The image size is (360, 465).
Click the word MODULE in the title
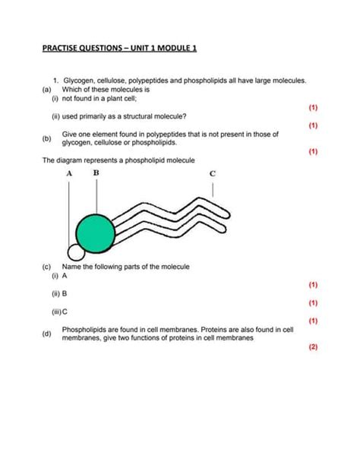[167, 49]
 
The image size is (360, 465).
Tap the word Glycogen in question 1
[81, 79]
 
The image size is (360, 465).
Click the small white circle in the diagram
[75, 251]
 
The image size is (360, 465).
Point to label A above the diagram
[68, 174]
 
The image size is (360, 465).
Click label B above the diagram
[96, 172]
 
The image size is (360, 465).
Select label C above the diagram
[213, 174]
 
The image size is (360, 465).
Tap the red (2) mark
[312, 347]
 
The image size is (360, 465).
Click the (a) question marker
[47, 88]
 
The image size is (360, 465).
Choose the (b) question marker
[47, 139]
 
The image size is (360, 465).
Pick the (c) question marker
[47, 267]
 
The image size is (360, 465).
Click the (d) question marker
[47, 334]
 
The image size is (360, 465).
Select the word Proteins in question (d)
[201, 329]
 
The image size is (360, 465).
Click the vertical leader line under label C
[213, 189]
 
